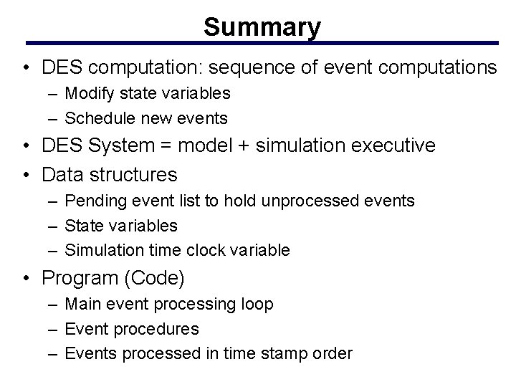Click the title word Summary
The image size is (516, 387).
(262, 27)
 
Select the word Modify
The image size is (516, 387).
(89, 93)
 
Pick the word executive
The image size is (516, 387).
(391, 146)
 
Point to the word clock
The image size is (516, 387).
(209, 250)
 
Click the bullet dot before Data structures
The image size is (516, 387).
(25, 174)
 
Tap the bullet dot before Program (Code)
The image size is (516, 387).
(25, 278)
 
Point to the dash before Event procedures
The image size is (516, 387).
(55, 330)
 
